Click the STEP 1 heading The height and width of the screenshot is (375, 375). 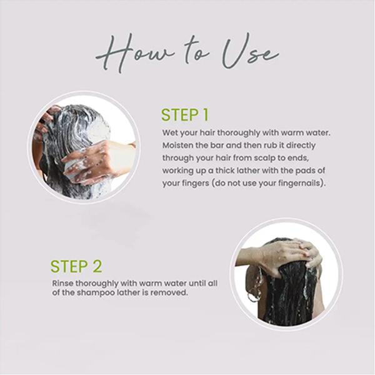point(185,115)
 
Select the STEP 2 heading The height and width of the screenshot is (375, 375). point(76,266)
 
